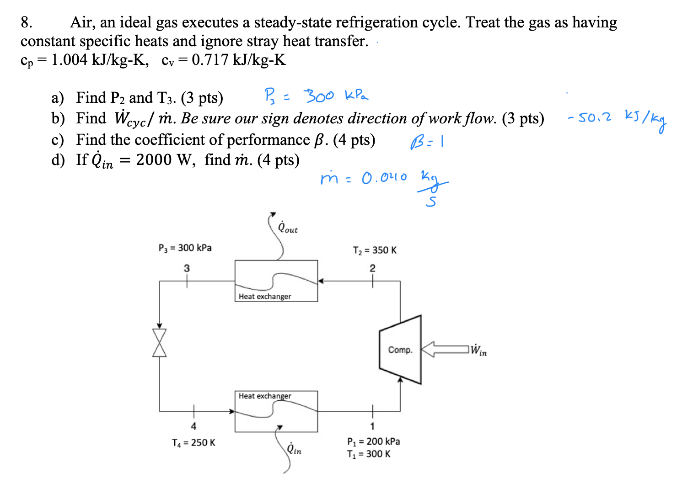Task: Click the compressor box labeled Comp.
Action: click(400, 350)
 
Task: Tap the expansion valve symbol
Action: click(159, 343)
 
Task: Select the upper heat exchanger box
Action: click(276, 281)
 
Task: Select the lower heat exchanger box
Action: click(276, 411)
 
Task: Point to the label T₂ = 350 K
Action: click(375, 250)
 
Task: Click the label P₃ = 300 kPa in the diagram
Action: click(185, 248)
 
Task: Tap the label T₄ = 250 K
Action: click(193, 442)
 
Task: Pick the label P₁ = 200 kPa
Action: click(373, 441)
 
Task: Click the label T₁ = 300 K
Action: click(369, 454)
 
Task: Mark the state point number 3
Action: click(187, 268)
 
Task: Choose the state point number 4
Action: click(193, 426)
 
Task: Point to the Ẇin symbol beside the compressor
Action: click(478, 351)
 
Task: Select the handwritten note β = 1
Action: click(427, 143)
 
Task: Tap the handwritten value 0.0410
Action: click(384, 177)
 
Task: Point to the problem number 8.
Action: click(26, 22)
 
